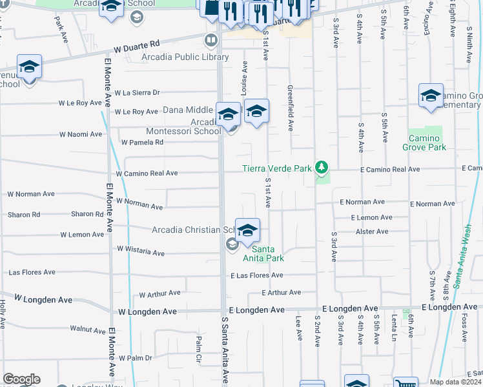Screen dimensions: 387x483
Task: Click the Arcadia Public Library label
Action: (x=185, y=57)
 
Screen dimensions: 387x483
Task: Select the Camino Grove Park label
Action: (x=427, y=143)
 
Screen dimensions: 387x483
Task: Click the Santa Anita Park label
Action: (x=267, y=253)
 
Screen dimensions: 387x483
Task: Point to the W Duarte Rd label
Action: (x=136, y=46)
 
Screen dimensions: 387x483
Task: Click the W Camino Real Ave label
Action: (x=147, y=174)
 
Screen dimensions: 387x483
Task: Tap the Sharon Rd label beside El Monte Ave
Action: (x=87, y=214)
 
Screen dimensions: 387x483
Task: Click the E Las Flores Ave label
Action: (x=257, y=275)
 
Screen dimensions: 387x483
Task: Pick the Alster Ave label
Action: (x=373, y=231)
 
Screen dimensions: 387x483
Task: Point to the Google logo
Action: (x=21, y=379)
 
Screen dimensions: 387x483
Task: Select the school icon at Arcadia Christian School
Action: (x=247, y=230)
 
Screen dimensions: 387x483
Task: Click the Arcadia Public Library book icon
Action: (x=211, y=41)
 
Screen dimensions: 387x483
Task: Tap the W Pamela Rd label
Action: (x=142, y=143)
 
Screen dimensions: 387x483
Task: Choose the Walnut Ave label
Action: (x=87, y=330)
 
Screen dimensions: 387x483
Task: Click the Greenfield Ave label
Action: (x=291, y=103)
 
